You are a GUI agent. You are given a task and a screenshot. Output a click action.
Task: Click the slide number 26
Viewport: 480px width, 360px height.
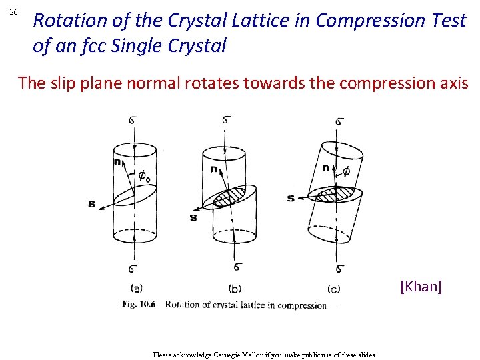[16, 12]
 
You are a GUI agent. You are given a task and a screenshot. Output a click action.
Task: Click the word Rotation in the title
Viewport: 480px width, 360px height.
[69, 21]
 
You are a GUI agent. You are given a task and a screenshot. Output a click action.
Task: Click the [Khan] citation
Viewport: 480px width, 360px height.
[421, 287]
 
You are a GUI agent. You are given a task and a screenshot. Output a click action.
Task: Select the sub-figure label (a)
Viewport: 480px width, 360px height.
[137, 288]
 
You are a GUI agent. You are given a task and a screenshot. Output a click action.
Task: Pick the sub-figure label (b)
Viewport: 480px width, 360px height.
[235, 289]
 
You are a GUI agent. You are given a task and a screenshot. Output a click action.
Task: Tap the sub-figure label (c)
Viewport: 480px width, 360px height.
[335, 288]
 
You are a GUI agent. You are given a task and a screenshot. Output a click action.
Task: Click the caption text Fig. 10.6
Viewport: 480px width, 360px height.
[139, 305]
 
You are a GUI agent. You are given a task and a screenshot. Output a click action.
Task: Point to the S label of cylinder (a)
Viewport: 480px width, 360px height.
[91, 204]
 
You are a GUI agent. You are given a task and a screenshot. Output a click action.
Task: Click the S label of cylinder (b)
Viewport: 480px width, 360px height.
[193, 217]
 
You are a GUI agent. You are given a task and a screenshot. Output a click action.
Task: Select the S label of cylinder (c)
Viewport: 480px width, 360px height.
[291, 198]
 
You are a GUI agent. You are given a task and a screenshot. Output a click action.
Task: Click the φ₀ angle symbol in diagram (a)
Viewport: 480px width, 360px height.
[144, 176]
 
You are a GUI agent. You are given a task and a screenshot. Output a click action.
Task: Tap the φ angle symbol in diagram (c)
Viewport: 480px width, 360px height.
[345, 172]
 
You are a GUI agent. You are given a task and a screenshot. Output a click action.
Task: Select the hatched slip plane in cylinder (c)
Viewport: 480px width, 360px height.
[337, 195]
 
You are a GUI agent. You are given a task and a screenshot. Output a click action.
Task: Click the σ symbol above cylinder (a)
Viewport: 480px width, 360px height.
[133, 121]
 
